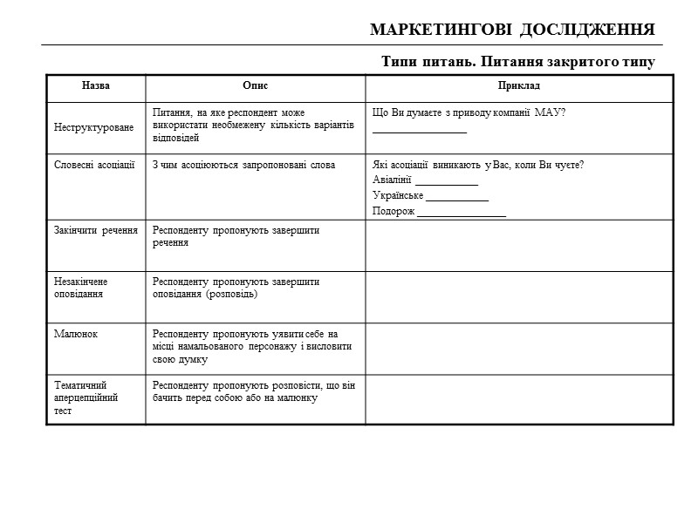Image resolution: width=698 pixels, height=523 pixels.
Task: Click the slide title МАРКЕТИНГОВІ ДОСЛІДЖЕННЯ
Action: click(512, 30)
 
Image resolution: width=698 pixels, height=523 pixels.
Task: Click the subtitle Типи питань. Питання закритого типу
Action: click(517, 63)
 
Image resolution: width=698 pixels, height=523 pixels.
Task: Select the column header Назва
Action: click(95, 86)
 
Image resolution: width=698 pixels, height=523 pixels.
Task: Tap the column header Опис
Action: click(255, 86)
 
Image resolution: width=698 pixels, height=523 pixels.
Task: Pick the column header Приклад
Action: click(518, 86)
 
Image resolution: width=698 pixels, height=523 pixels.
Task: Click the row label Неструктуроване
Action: click(94, 127)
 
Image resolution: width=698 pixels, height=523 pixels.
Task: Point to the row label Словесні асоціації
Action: click(94, 166)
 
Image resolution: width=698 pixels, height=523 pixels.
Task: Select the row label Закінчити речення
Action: click(95, 231)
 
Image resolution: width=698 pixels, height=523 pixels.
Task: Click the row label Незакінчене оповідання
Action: click(80, 288)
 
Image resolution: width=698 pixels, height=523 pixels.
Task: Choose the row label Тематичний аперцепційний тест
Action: click(86, 397)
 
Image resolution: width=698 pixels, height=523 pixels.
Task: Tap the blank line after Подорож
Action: click(462, 214)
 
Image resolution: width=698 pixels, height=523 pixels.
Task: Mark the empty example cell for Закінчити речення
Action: click(518, 246)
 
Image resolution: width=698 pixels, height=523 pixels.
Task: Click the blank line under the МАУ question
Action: click(419, 131)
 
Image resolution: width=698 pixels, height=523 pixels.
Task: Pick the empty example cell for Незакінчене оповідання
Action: click(518, 296)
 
